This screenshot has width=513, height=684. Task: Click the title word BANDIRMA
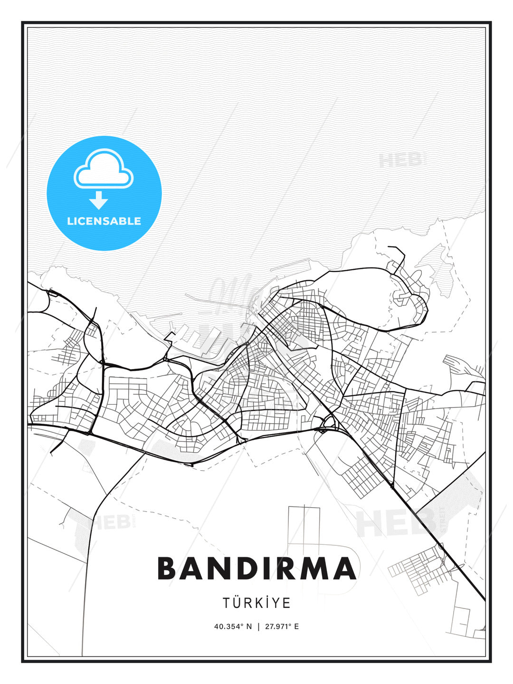(x=256, y=568)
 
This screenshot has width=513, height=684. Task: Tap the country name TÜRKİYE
(x=256, y=603)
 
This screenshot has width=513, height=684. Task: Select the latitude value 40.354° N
(x=233, y=627)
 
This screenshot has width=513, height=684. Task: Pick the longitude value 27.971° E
(x=282, y=627)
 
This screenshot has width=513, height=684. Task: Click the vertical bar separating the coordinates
(x=258, y=627)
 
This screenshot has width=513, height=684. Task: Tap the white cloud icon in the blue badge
(x=104, y=170)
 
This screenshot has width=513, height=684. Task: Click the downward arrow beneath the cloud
(x=99, y=200)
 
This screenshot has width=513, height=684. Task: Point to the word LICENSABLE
(x=104, y=221)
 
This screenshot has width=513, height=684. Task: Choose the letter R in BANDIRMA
(x=283, y=568)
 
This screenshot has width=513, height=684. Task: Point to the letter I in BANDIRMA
(x=265, y=568)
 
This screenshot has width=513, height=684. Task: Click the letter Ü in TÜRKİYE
(x=238, y=603)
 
